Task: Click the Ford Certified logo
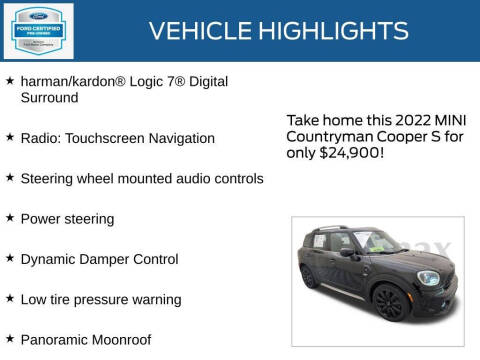37,30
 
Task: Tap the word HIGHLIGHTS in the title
340,31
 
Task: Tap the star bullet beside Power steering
10,217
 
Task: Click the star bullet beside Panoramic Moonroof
10,338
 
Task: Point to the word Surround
50,98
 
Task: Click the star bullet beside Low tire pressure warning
10,298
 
